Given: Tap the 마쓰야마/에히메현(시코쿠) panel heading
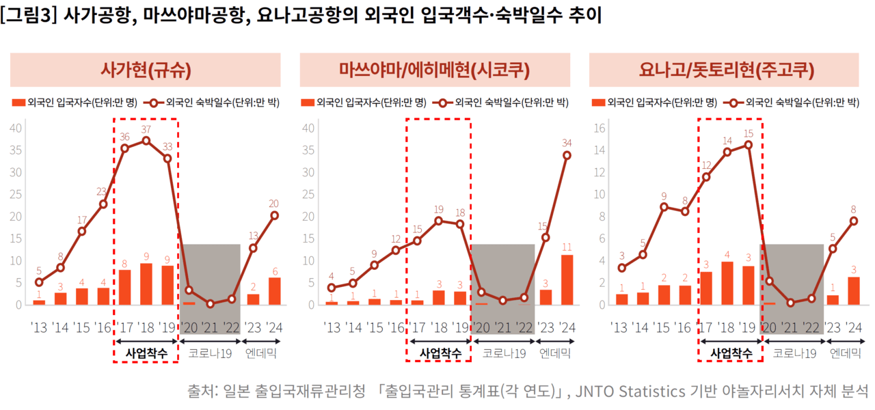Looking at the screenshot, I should [435, 70].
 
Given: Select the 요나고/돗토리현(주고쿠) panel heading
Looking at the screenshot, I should [727, 70].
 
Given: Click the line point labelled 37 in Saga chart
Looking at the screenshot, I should [146, 141].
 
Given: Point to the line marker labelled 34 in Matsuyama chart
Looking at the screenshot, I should [567, 155].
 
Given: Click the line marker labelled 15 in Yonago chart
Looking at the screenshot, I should [748, 145].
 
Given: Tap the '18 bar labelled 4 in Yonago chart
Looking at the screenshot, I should [727, 283].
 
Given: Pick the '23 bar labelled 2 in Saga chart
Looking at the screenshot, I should [253, 299].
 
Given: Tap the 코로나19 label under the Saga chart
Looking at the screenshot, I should [210, 353].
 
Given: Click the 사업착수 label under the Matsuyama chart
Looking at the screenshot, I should [437, 353].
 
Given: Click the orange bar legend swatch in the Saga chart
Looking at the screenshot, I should [18, 103].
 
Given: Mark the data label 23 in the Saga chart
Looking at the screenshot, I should [102, 191].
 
